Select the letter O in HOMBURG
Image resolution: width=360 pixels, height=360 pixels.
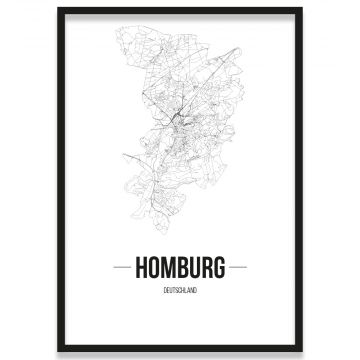(x=154, y=269)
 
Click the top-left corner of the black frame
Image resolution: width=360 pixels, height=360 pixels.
(x=59, y=9)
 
